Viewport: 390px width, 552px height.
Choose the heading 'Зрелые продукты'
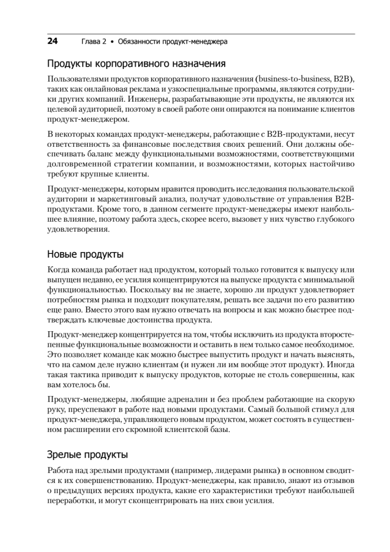(x=87, y=455)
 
